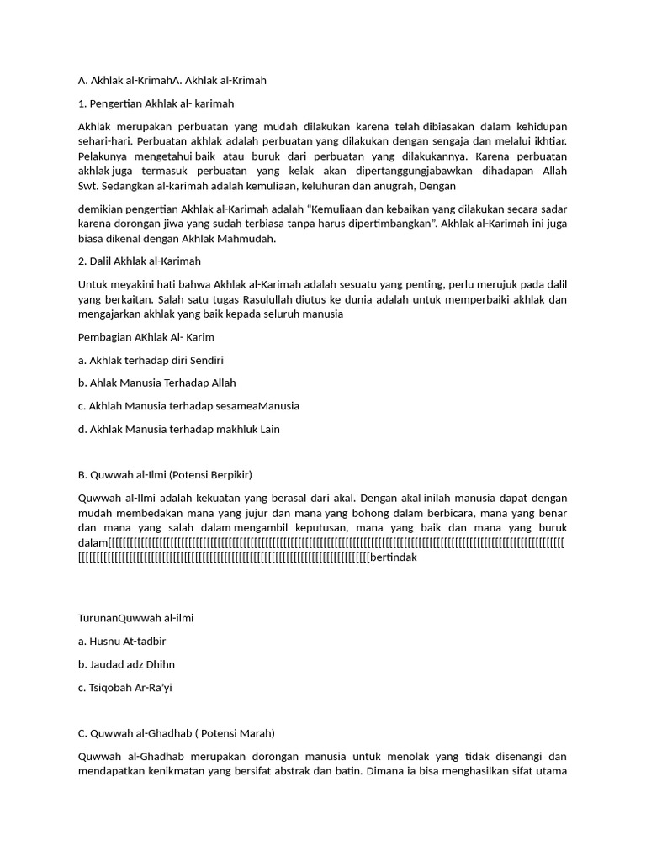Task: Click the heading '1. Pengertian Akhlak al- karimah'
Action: (x=156, y=103)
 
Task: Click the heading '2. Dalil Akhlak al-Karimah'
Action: (x=139, y=261)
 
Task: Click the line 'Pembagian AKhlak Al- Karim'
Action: (x=146, y=337)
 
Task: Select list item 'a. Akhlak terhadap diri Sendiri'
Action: (x=150, y=360)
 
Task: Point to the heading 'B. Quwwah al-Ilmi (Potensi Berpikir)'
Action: (x=165, y=475)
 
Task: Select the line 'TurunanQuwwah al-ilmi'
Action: (x=135, y=618)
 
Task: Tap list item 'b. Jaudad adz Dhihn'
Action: (x=126, y=664)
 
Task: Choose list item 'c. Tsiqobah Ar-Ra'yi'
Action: (x=124, y=687)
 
